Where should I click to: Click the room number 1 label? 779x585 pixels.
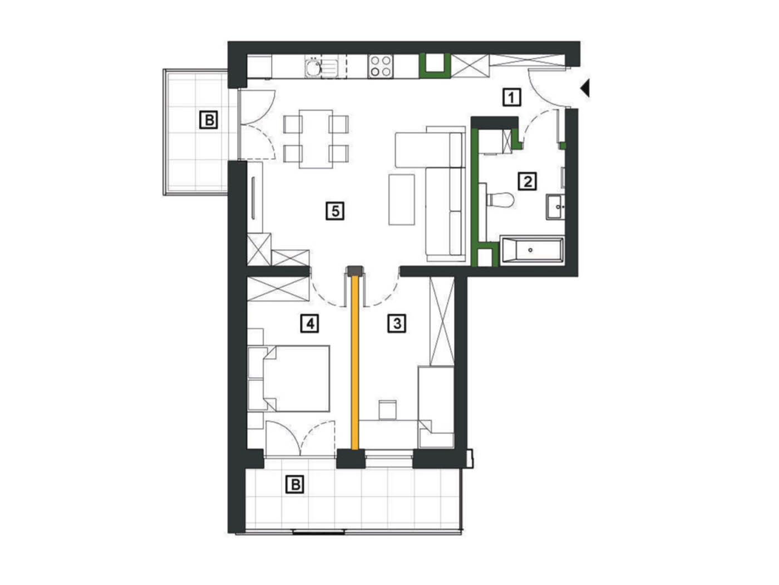click(x=511, y=97)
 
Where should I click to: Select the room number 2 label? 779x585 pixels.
click(x=527, y=182)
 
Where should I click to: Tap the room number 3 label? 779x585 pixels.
click(x=397, y=324)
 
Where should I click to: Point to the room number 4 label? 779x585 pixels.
click(x=310, y=324)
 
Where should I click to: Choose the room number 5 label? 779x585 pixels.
click(x=335, y=211)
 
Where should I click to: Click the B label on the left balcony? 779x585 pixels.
click(x=208, y=120)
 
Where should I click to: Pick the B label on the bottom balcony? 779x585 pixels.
click(x=295, y=485)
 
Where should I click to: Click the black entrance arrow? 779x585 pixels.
click(x=585, y=87)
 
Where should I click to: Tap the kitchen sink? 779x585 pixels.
click(x=321, y=67)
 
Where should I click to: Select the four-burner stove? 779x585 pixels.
click(x=381, y=66)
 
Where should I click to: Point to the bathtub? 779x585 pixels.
click(x=531, y=250)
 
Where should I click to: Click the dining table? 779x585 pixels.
click(x=316, y=139)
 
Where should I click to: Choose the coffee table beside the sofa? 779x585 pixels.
click(x=402, y=199)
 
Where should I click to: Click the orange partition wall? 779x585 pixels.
click(x=355, y=363)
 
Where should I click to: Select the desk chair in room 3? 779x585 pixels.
click(x=387, y=410)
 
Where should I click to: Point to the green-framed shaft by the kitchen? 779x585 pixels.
click(x=435, y=66)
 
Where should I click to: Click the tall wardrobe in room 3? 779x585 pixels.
click(x=442, y=321)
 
